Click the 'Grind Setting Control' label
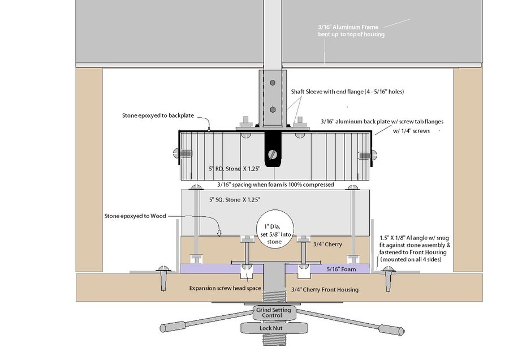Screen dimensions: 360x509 click(x=274, y=312)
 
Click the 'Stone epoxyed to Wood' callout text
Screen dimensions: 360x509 click(x=136, y=216)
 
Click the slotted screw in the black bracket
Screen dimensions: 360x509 click(x=274, y=152)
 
